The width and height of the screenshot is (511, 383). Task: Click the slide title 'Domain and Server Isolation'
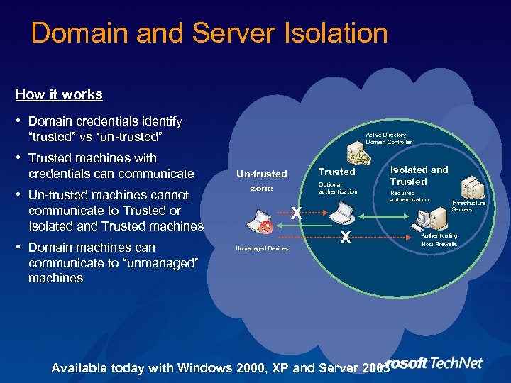(209, 33)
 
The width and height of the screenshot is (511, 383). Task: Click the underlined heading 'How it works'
(59, 94)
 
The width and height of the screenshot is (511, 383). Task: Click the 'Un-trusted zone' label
(261, 181)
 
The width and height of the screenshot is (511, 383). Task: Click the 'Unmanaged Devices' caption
(262, 248)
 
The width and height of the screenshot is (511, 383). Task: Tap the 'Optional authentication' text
(338, 188)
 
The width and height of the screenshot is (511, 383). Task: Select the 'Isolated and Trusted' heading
(419, 175)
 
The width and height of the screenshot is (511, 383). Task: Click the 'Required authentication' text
(410, 196)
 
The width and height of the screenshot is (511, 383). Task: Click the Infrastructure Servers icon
(473, 189)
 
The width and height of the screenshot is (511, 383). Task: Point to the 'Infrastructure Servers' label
(468, 206)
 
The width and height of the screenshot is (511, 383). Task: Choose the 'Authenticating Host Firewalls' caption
(439, 240)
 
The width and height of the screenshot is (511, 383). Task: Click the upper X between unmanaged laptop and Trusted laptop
(297, 211)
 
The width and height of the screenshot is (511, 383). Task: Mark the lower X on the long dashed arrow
(345, 238)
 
